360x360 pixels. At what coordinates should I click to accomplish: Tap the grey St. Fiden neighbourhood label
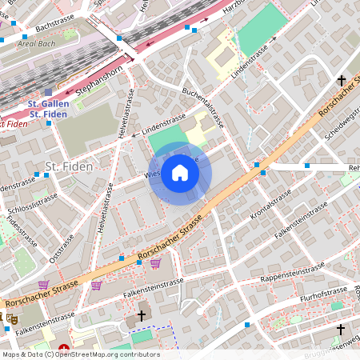[68, 166]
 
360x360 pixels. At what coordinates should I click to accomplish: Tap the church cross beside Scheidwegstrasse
[342, 81]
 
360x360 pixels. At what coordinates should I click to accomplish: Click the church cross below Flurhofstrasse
[340, 329]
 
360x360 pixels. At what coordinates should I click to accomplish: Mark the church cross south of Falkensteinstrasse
[142, 316]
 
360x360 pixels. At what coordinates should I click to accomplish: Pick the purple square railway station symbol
[48, 93]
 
